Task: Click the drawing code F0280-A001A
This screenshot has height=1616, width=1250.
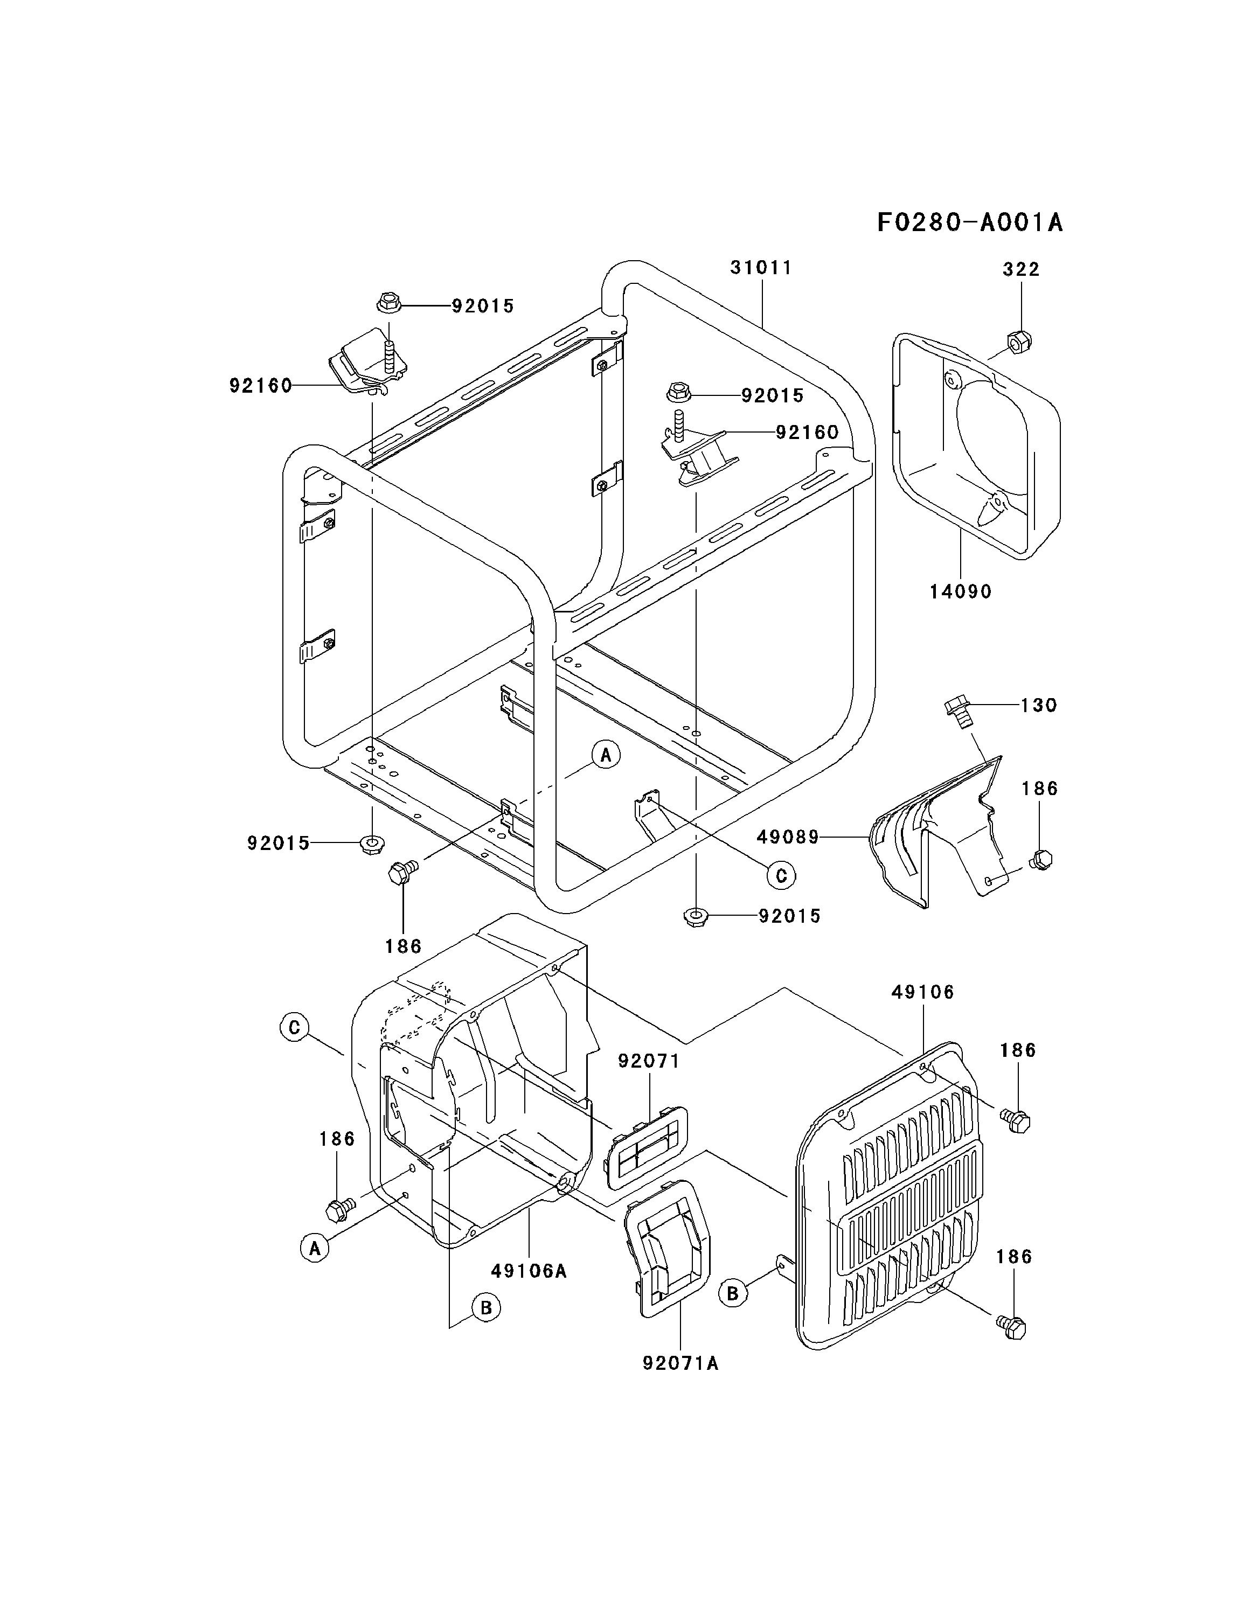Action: (x=969, y=222)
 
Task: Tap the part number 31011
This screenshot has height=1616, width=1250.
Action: (x=761, y=268)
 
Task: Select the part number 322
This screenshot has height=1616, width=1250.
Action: (x=1022, y=269)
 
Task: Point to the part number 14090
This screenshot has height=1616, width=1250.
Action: (x=961, y=591)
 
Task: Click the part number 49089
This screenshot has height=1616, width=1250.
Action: (x=788, y=837)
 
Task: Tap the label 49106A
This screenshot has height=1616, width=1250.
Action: (x=529, y=1271)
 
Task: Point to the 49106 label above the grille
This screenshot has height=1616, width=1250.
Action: (x=923, y=992)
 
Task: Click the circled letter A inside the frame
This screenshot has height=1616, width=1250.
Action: (x=606, y=755)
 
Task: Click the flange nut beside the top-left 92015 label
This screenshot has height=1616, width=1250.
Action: (x=388, y=303)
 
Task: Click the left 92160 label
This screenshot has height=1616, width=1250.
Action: (x=261, y=386)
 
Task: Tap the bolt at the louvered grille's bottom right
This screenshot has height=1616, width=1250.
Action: (x=1012, y=1326)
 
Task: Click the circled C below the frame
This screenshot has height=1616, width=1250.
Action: (x=780, y=876)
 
